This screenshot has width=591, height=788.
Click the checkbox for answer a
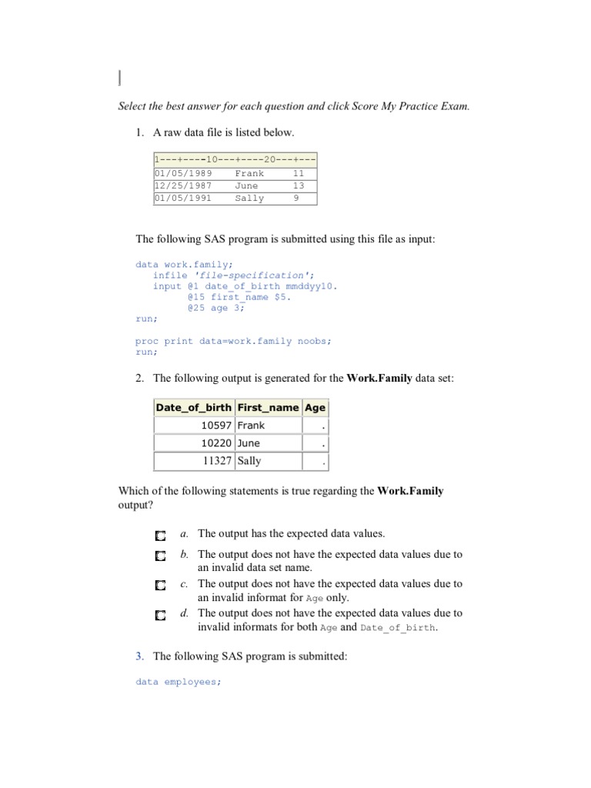(159, 535)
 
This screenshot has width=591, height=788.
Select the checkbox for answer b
(159, 556)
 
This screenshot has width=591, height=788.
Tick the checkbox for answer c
(159, 585)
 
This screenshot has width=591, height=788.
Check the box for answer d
(159, 615)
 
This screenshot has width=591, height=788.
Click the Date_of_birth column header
(193, 407)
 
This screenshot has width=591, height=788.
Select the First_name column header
(268, 407)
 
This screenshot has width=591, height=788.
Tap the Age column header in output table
(315, 407)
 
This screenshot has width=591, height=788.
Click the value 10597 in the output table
(216, 425)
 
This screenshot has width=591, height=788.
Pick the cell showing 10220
(216, 443)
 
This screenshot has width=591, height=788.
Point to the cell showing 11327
(216, 461)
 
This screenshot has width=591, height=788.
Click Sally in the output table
(249, 461)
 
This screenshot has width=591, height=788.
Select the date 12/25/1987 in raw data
(183, 185)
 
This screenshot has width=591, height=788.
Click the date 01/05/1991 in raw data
(183, 198)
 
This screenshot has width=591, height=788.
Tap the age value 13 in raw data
(299, 185)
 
